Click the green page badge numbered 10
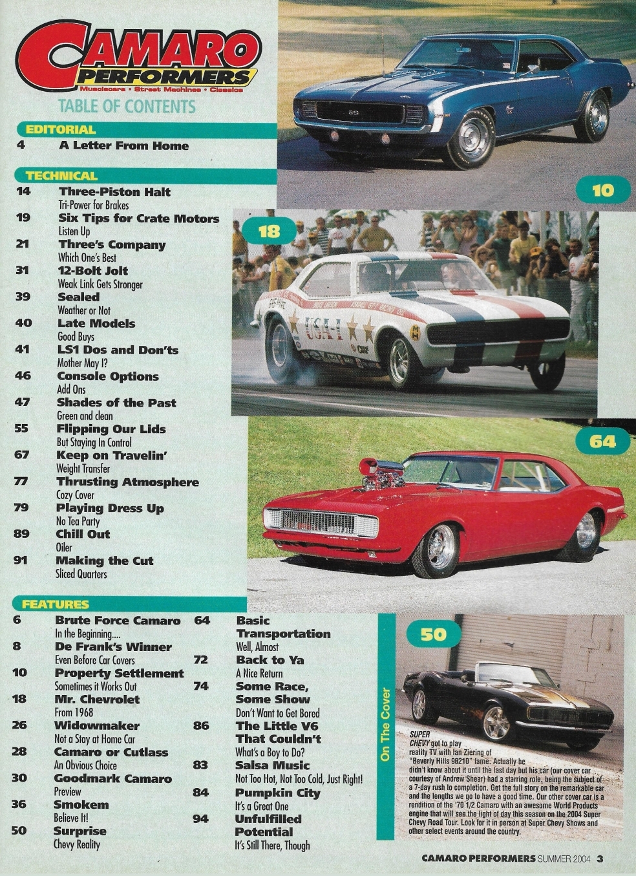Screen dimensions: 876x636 pos(602,190)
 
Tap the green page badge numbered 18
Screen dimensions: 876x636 pos(268,231)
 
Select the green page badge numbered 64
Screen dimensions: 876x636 pos(602,442)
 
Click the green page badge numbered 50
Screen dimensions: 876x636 pos(432,634)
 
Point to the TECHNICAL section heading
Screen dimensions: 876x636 pos(61,175)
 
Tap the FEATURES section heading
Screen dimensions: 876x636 pos(55,604)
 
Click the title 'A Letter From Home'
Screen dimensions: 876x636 pos(123,145)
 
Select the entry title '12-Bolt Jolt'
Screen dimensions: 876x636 pos(93,271)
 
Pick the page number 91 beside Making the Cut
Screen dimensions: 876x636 pos(21,561)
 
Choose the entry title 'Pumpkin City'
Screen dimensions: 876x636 pos(277,793)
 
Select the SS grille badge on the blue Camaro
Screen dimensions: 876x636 pos(354,112)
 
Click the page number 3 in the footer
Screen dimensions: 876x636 pos(600,859)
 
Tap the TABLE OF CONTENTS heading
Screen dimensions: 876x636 pos(127,106)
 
